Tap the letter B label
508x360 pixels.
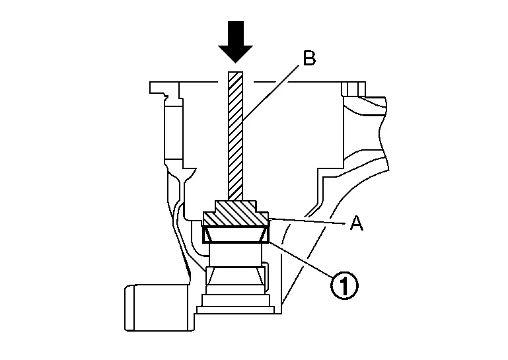(309, 59)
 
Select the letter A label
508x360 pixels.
(357, 223)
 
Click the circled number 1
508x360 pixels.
(344, 285)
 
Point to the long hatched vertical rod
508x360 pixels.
(235, 135)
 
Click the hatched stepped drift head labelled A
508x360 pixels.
(236, 213)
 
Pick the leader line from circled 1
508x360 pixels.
(301, 259)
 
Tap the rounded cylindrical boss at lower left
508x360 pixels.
(159, 308)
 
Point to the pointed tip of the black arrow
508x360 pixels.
(235, 63)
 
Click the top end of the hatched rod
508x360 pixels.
(235, 71)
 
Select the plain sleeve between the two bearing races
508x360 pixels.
(236, 256)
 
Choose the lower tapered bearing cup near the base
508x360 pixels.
(236, 276)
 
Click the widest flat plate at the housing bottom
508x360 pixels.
(236, 310)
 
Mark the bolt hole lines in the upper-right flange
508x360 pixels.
(353, 89)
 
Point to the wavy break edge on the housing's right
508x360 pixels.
(384, 133)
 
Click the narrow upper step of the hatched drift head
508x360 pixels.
(236, 205)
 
